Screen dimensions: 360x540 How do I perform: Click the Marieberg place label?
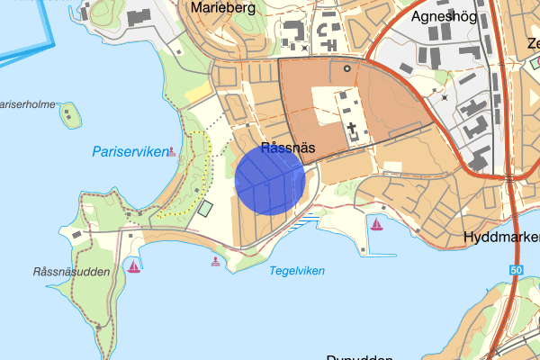(x=223, y=8)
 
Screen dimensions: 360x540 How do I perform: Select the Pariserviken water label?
(x=130, y=152)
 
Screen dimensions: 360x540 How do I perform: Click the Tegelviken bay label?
(x=297, y=270)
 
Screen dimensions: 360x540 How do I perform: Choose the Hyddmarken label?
(x=500, y=237)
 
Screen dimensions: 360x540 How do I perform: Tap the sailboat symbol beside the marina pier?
(x=376, y=223)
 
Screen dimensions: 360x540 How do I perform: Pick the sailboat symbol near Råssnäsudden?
(x=134, y=266)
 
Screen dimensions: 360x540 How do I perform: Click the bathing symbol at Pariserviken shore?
(x=171, y=152)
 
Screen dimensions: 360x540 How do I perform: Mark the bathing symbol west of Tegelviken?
(x=215, y=262)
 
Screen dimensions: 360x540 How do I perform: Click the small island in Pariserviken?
(x=69, y=114)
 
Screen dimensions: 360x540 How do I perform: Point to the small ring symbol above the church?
(x=346, y=67)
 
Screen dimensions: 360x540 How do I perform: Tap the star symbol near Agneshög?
(x=444, y=96)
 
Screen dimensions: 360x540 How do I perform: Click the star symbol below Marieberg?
(x=304, y=47)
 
